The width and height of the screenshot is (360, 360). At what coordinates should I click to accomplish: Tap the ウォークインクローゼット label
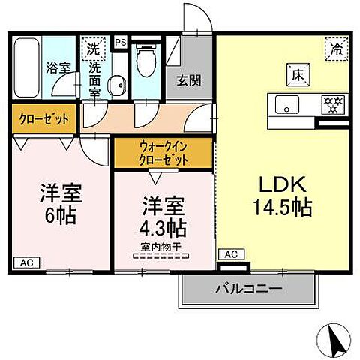[162, 152]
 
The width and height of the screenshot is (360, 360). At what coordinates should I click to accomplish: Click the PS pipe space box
[120, 42]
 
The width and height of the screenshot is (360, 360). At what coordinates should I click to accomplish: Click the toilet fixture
[145, 64]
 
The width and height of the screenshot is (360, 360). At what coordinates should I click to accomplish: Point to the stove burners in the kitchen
[331, 103]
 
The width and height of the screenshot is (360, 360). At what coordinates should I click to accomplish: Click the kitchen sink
[286, 103]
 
